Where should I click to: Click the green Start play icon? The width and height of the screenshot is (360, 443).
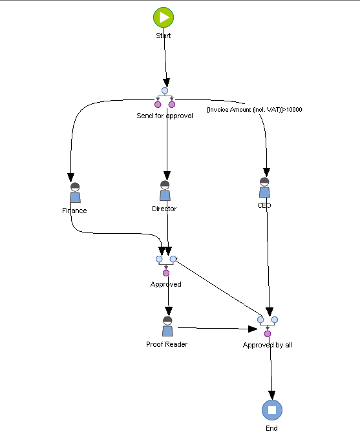164,17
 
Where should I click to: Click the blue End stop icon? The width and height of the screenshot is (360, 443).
272,410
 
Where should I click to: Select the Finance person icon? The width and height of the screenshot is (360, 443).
75,193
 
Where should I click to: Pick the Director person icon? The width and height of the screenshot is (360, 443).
165,192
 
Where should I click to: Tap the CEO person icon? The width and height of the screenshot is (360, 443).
264,188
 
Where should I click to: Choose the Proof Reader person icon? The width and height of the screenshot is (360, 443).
167,327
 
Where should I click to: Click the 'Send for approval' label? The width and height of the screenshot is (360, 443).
164,116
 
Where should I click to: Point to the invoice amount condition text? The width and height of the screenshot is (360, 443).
254,110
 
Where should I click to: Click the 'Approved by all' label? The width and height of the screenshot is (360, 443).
267,345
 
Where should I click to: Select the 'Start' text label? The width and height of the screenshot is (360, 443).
164,36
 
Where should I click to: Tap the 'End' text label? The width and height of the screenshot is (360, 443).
271,428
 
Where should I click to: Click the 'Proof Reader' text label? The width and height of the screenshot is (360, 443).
167,344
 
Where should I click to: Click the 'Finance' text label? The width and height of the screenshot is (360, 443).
74,211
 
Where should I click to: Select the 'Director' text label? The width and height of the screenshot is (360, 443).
164,209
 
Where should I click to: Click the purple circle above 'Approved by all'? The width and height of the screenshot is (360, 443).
268,333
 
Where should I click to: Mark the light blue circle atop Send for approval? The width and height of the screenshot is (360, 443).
165,90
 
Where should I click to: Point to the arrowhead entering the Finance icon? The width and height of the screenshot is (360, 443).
72,178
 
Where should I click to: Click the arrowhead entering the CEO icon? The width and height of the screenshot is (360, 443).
265,172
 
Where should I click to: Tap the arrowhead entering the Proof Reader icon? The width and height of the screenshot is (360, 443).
168,311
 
